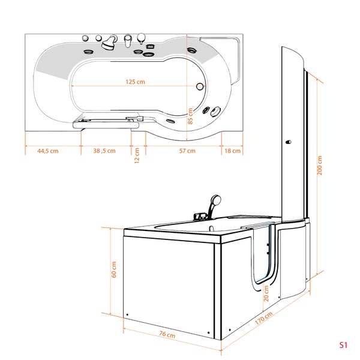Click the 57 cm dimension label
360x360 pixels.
click(187, 151)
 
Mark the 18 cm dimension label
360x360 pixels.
click(232, 151)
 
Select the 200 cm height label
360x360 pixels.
click(320, 166)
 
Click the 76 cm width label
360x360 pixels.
click(167, 335)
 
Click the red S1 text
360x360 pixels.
click(343, 345)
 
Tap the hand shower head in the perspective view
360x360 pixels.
click(215, 200)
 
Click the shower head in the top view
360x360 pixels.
click(109, 43)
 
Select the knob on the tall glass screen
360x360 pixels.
click(289, 142)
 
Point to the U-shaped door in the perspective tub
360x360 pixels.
click(262, 258)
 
